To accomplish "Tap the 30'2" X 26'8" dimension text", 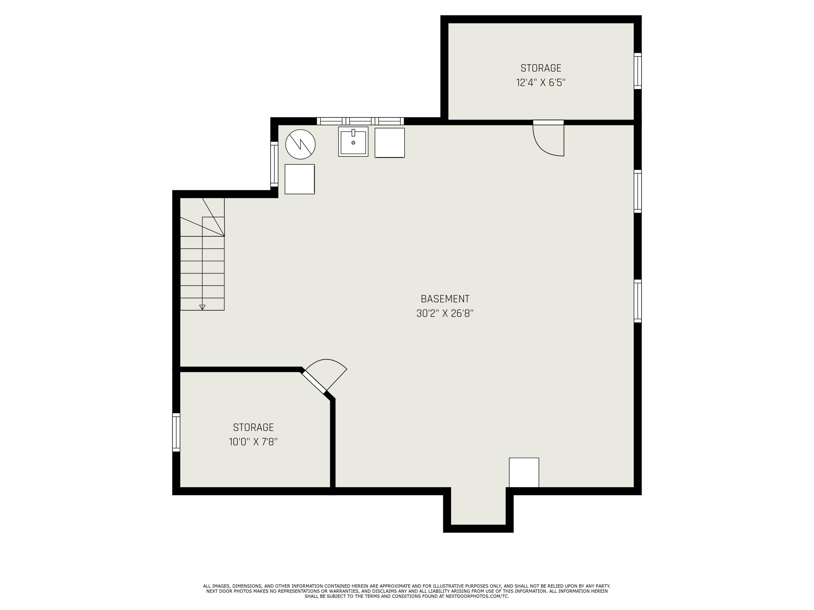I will click(x=445, y=313).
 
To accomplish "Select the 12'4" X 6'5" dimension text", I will click(x=540, y=82).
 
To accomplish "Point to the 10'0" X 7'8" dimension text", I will click(x=253, y=442).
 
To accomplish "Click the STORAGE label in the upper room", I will click(x=540, y=68).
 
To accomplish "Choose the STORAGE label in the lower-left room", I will click(x=253, y=427).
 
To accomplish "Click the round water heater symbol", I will click(x=300, y=144).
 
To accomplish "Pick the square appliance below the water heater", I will click(x=300, y=179).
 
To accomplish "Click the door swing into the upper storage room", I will click(x=548, y=140).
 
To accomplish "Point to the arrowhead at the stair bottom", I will click(x=202, y=307).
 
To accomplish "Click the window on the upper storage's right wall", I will click(x=637, y=71).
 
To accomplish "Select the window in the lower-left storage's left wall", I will click(x=176, y=432).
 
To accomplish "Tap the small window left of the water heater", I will click(x=274, y=164).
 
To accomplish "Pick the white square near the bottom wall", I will click(x=524, y=473).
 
